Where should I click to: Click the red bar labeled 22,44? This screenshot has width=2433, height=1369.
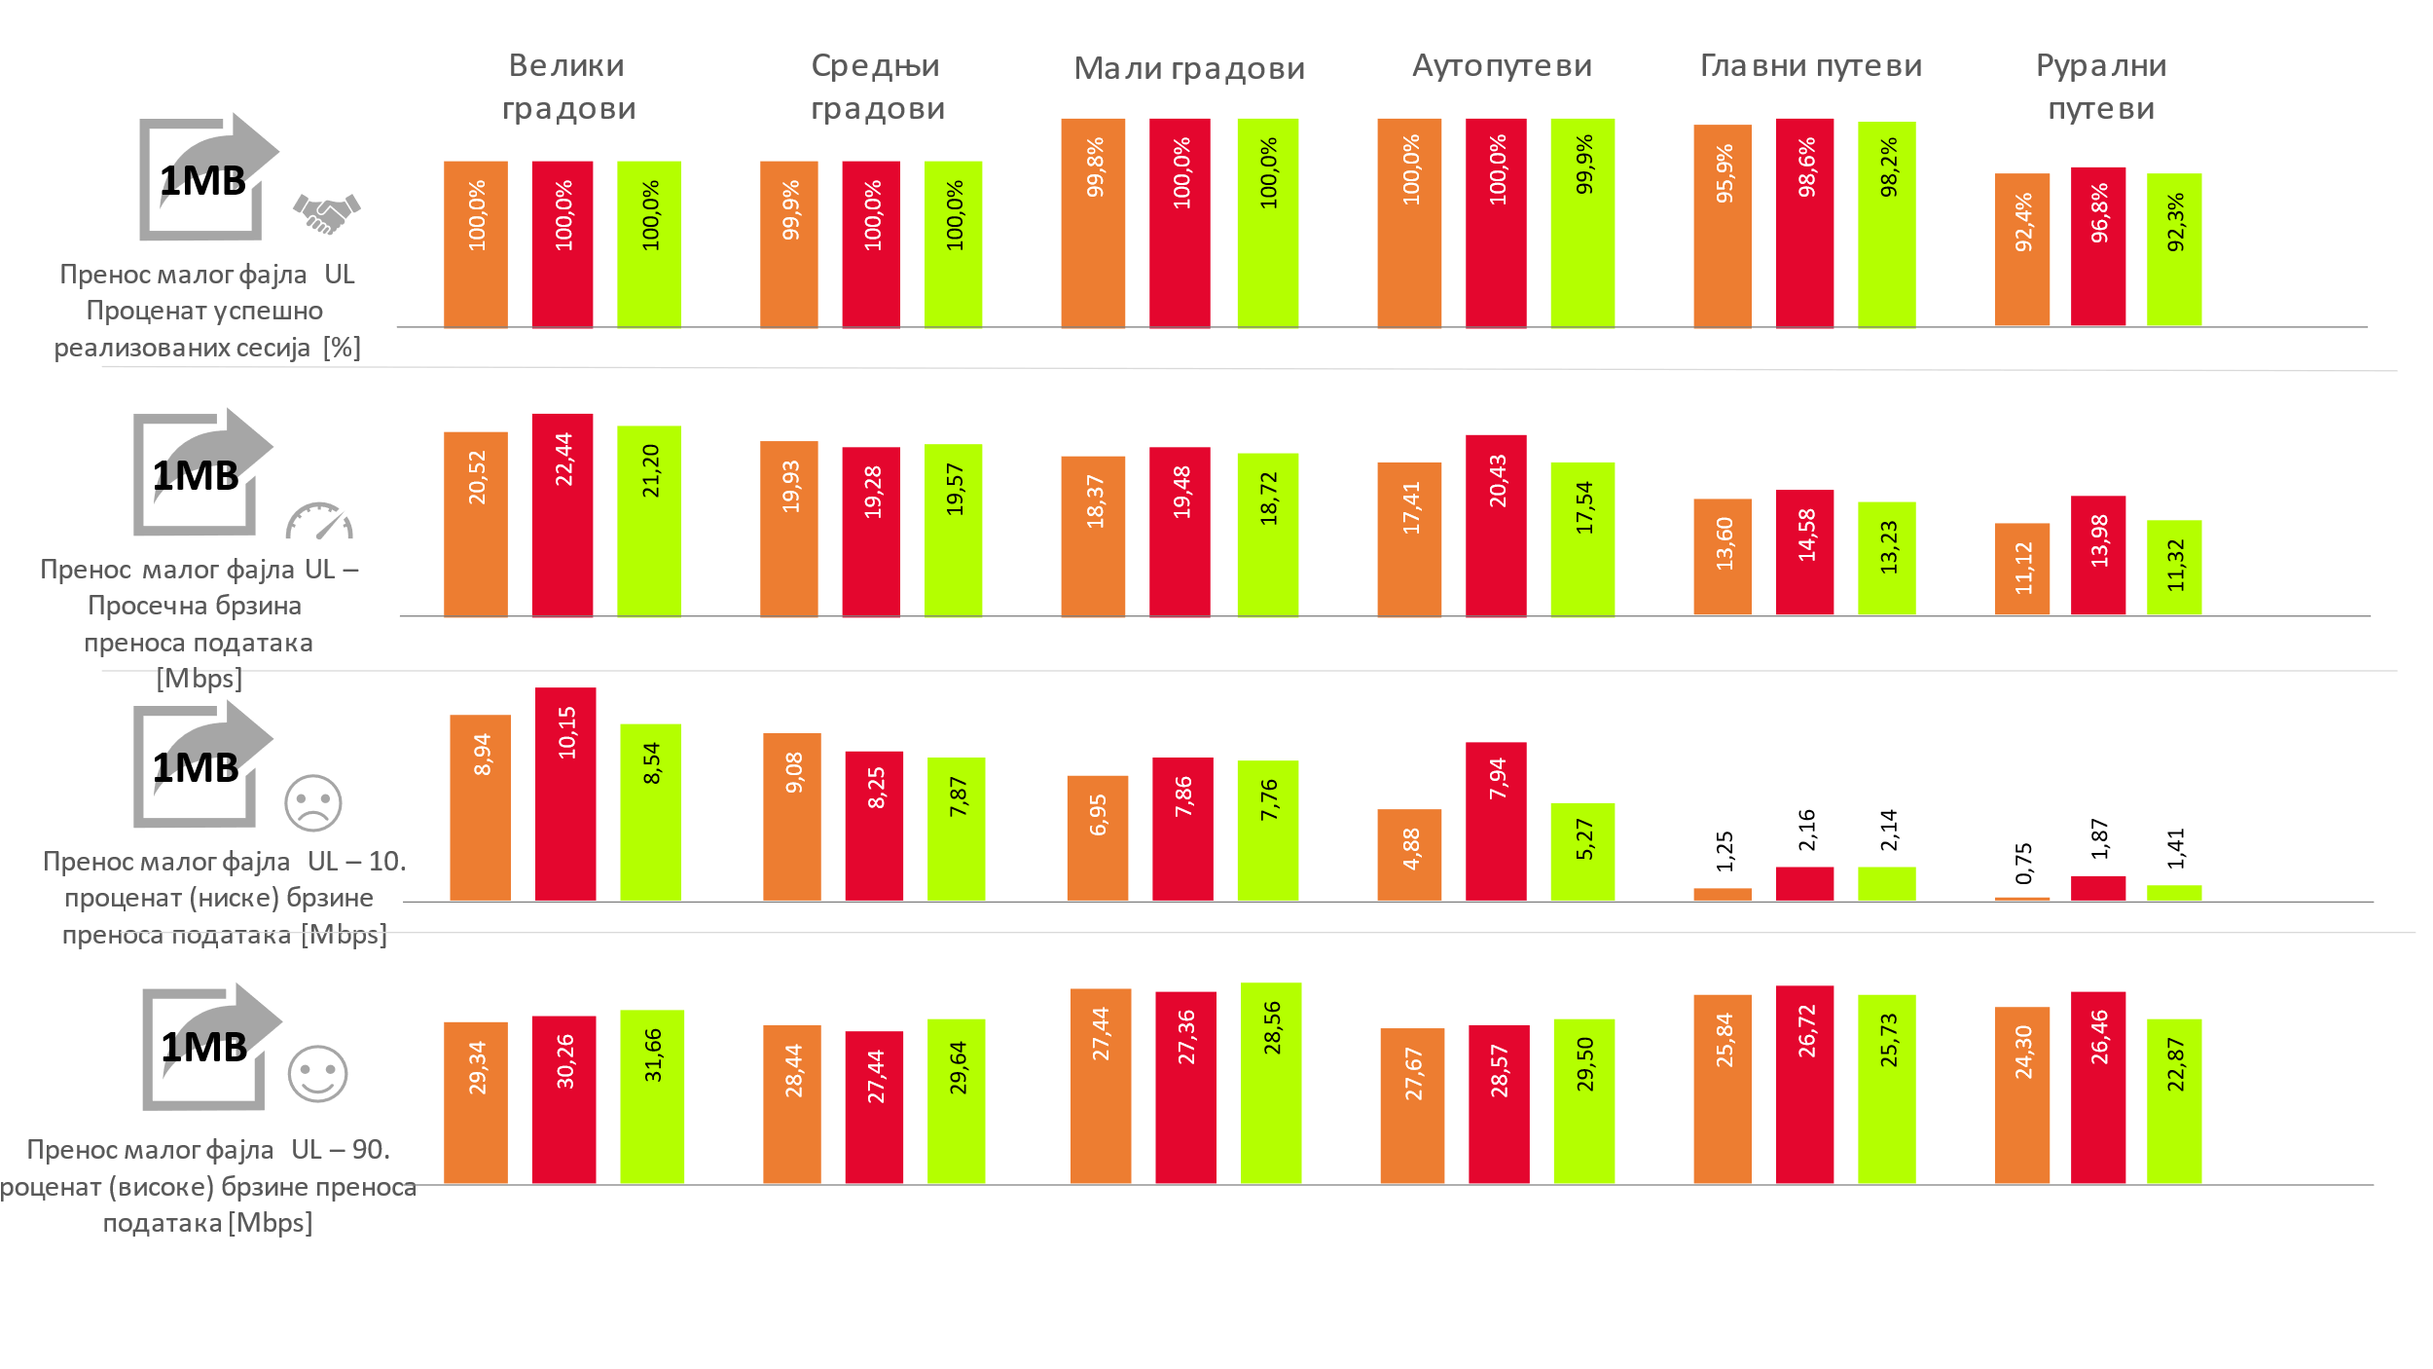point(563,515)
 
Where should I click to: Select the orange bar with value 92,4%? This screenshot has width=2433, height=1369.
point(2021,249)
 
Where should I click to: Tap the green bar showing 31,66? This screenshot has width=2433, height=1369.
point(652,1096)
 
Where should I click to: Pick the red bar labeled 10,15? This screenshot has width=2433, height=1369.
point(565,794)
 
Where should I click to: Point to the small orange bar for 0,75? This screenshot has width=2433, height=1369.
point(2021,899)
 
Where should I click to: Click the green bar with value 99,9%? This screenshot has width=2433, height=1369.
point(1582,223)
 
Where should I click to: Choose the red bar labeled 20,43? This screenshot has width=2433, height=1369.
point(1496,526)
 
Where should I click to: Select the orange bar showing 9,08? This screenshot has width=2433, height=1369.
point(791,817)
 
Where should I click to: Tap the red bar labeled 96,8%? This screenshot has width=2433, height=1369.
point(2098,246)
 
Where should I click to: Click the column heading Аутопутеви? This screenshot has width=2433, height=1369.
point(1502,66)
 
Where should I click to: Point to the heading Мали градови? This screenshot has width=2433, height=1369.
point(1189,68)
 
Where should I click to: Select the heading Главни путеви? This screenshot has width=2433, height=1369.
point(1811,66)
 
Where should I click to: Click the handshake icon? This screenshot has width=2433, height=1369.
point(326,213)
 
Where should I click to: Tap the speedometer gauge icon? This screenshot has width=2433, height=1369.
point(319,521)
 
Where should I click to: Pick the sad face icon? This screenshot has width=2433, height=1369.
point(313,803)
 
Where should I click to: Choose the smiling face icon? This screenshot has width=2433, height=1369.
point(317,1074)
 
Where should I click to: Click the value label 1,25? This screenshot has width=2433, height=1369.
point(1725,851)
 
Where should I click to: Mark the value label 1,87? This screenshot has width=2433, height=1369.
point(2099,838)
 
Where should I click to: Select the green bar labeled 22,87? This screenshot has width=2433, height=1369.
point(2174,1101)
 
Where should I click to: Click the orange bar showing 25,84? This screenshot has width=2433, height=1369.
point(1723,1089)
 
